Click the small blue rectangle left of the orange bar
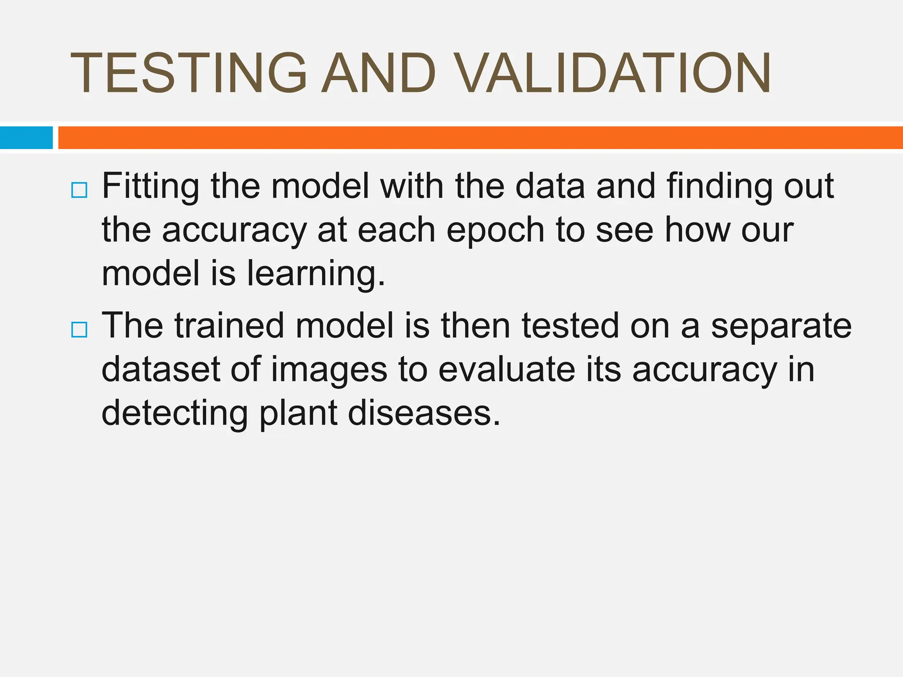(26, 138)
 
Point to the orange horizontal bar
(481, 138)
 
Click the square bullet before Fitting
(79, 190)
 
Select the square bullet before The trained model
(79, 329)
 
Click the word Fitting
(150, 187)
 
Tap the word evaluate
(507, 369)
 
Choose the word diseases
(424, 413)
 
